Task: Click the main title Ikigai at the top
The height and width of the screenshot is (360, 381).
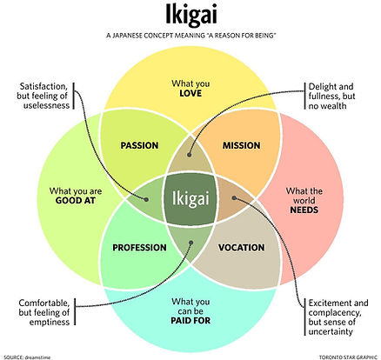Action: tap(190, 17)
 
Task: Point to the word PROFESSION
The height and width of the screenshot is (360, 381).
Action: tap(139, 248)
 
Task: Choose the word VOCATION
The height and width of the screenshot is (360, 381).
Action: tap(241, 248)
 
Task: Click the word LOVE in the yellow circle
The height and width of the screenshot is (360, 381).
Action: tap(190, 92)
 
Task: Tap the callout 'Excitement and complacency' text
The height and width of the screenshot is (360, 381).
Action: tap(338, 315)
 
